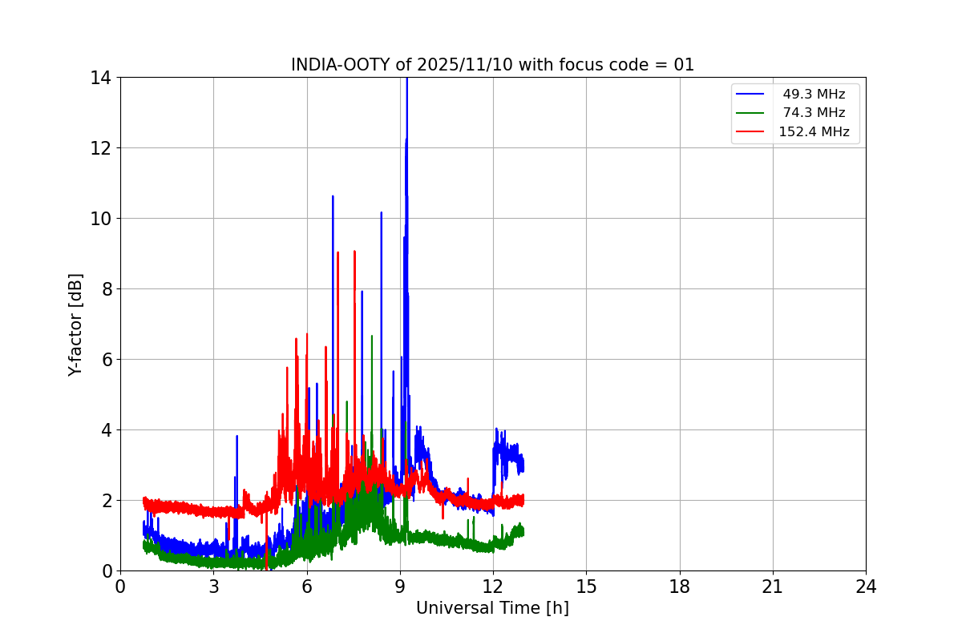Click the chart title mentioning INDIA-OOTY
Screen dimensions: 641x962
492,65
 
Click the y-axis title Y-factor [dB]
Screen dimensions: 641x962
75,325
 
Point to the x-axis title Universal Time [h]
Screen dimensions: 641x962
492,608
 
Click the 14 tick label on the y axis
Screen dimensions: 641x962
100,78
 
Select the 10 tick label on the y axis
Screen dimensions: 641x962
100,219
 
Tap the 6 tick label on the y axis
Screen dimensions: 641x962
105,360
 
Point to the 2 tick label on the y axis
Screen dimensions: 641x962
105,501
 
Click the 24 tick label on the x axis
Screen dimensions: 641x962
866,587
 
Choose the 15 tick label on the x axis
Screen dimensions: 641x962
586,587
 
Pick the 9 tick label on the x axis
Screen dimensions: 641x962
400,587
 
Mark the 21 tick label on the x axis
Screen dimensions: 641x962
773,587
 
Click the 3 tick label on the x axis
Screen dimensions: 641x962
213,587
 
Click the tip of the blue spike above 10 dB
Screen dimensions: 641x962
333,196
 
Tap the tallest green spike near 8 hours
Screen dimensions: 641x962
372,337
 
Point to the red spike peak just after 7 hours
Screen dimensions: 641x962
338,253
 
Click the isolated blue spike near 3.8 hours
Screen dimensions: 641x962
237,437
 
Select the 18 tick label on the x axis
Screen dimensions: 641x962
680,587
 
